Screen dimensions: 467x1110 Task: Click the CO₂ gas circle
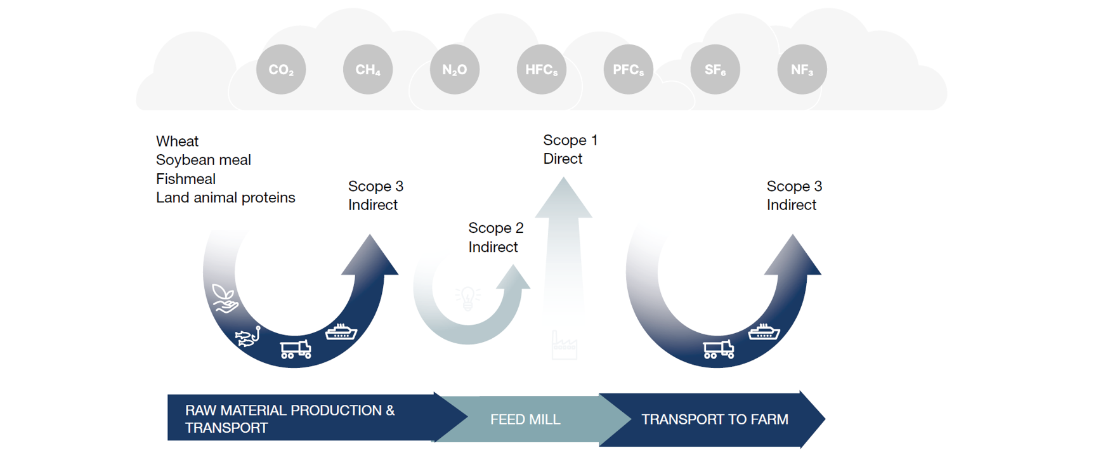281,70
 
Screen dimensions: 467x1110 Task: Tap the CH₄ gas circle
368,70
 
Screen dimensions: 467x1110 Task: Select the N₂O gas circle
455,70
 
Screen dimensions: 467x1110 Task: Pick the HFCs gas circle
542,70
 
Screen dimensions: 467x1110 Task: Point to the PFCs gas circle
629,70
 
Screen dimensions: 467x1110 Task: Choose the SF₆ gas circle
715,70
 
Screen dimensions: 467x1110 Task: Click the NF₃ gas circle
802,70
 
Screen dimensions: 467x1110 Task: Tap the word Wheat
177,141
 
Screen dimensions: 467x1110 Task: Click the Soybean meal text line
203,160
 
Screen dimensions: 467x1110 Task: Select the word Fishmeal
185,179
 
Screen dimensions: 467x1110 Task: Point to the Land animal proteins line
225,198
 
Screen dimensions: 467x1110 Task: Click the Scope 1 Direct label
570,149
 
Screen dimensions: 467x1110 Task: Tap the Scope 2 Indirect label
495,237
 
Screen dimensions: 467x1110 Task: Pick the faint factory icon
564,346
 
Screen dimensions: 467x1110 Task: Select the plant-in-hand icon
225,298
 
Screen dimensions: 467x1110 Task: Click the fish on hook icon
248,336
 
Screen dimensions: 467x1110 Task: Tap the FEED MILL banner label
525,419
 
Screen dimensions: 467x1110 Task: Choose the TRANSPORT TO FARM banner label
714,419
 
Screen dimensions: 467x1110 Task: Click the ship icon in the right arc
764,332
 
